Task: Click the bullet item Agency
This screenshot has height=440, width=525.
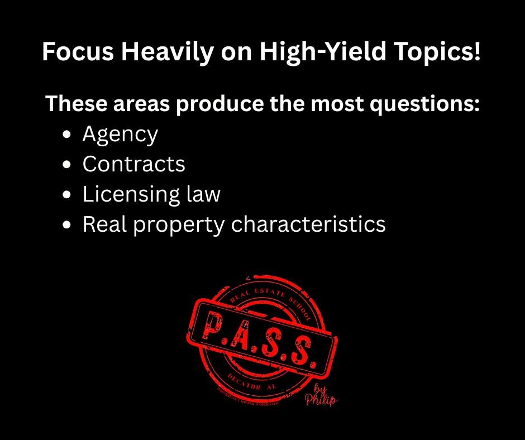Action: pyautogui.click(x=120, y=135)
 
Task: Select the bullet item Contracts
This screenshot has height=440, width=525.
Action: pyautogui.click(x=133, y=164)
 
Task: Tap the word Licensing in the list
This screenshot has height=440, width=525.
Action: pyautogui.click(x=126, y=194)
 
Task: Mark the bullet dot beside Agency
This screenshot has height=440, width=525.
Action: pyautogui.click(x=68, y=135)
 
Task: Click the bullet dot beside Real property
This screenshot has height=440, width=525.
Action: pyautogui.click(x=68, y=224)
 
